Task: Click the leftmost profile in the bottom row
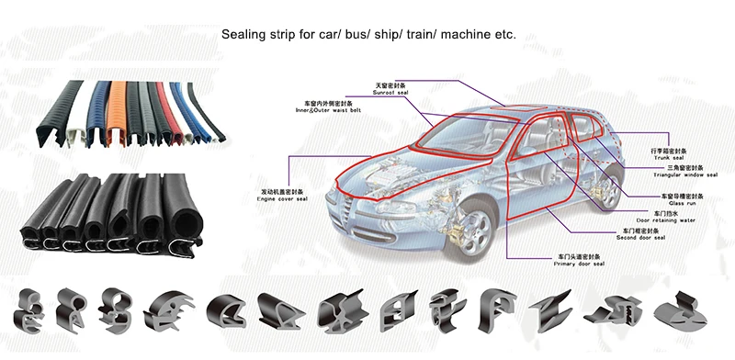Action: [x=35, y=309]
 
